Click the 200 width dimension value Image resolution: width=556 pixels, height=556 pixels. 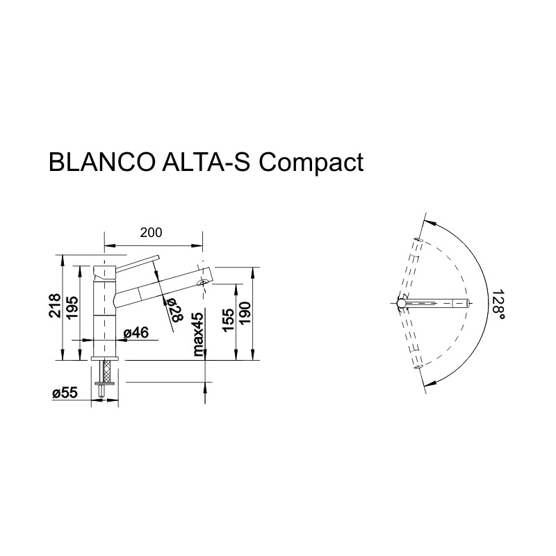click(x=151, y=233)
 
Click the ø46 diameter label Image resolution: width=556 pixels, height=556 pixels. click(x=136, y=333)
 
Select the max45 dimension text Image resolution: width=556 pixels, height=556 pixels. click(x=198, y=334)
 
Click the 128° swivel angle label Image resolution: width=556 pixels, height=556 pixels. click(x=496, y=304)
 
